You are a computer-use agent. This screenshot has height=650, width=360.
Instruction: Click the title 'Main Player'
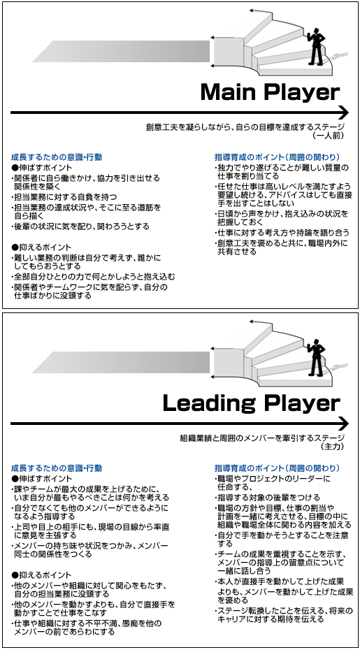click(270, 93)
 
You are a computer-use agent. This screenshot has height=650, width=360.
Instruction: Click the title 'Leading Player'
click(252, 404)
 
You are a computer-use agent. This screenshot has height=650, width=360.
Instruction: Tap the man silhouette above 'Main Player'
click(316, 46)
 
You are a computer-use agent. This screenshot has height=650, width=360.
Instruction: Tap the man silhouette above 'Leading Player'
click(316, 357)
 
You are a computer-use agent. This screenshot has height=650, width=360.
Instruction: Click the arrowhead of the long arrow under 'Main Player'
click(344, 113)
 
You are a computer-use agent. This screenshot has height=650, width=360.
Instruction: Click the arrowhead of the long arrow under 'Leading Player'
click(344, 424)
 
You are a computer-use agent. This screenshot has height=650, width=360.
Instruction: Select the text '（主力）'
click(332, 446)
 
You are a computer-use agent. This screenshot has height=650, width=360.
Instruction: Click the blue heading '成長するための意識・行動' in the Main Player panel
click(57, 157)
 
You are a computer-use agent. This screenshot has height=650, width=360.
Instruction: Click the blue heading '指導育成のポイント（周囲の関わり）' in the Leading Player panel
click(278, 468)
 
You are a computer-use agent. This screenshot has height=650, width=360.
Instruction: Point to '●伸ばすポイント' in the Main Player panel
click(42, 168)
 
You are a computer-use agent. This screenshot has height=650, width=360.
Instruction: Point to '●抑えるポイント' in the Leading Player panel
click(42, 575)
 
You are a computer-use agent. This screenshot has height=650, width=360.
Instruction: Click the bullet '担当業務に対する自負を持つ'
click(64, 196)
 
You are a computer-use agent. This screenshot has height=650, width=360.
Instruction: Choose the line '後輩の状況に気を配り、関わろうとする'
click(80, 226)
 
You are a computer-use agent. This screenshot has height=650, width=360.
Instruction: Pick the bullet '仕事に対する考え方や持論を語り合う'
click(282, 232)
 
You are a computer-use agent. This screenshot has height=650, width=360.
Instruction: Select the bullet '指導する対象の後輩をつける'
click(267, 498)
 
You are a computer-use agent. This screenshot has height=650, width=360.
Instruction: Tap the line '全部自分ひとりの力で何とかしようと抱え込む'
click(93, 277)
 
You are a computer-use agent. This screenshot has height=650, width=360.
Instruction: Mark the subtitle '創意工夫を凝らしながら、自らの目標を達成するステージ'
click(245, 127)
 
